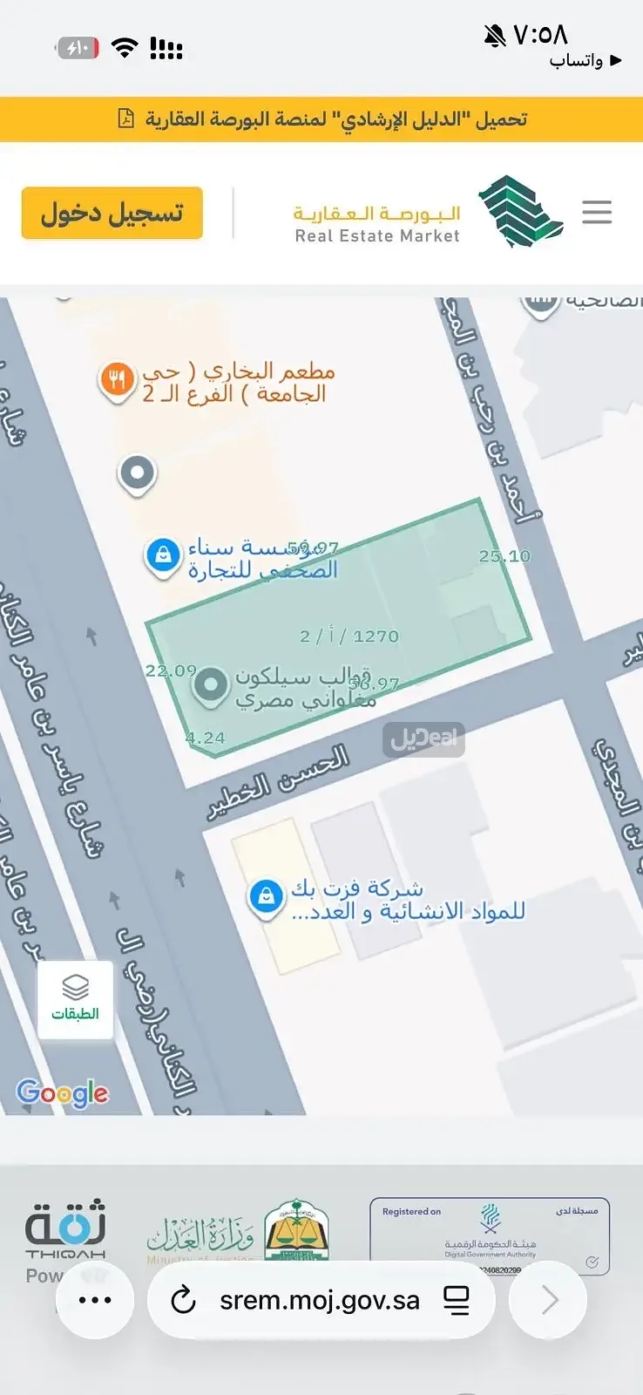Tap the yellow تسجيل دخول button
point(112,213)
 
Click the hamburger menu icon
point(597,212)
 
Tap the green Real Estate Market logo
point(520,212)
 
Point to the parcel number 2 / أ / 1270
point(349,636)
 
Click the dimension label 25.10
point(504,556)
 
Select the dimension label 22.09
point(171,670)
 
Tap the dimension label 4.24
point(205,738)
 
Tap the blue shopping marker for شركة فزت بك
point(266,896)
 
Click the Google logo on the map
point(63,1092)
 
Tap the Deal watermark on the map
point(423,739)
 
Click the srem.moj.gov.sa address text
point(320,1301)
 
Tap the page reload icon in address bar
point(183,1301)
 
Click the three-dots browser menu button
point(95,1300)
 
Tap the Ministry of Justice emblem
point(297,1229)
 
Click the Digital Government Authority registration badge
point(490,1235)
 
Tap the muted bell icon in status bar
point(495,36)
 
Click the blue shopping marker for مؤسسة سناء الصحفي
point(163,555)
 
